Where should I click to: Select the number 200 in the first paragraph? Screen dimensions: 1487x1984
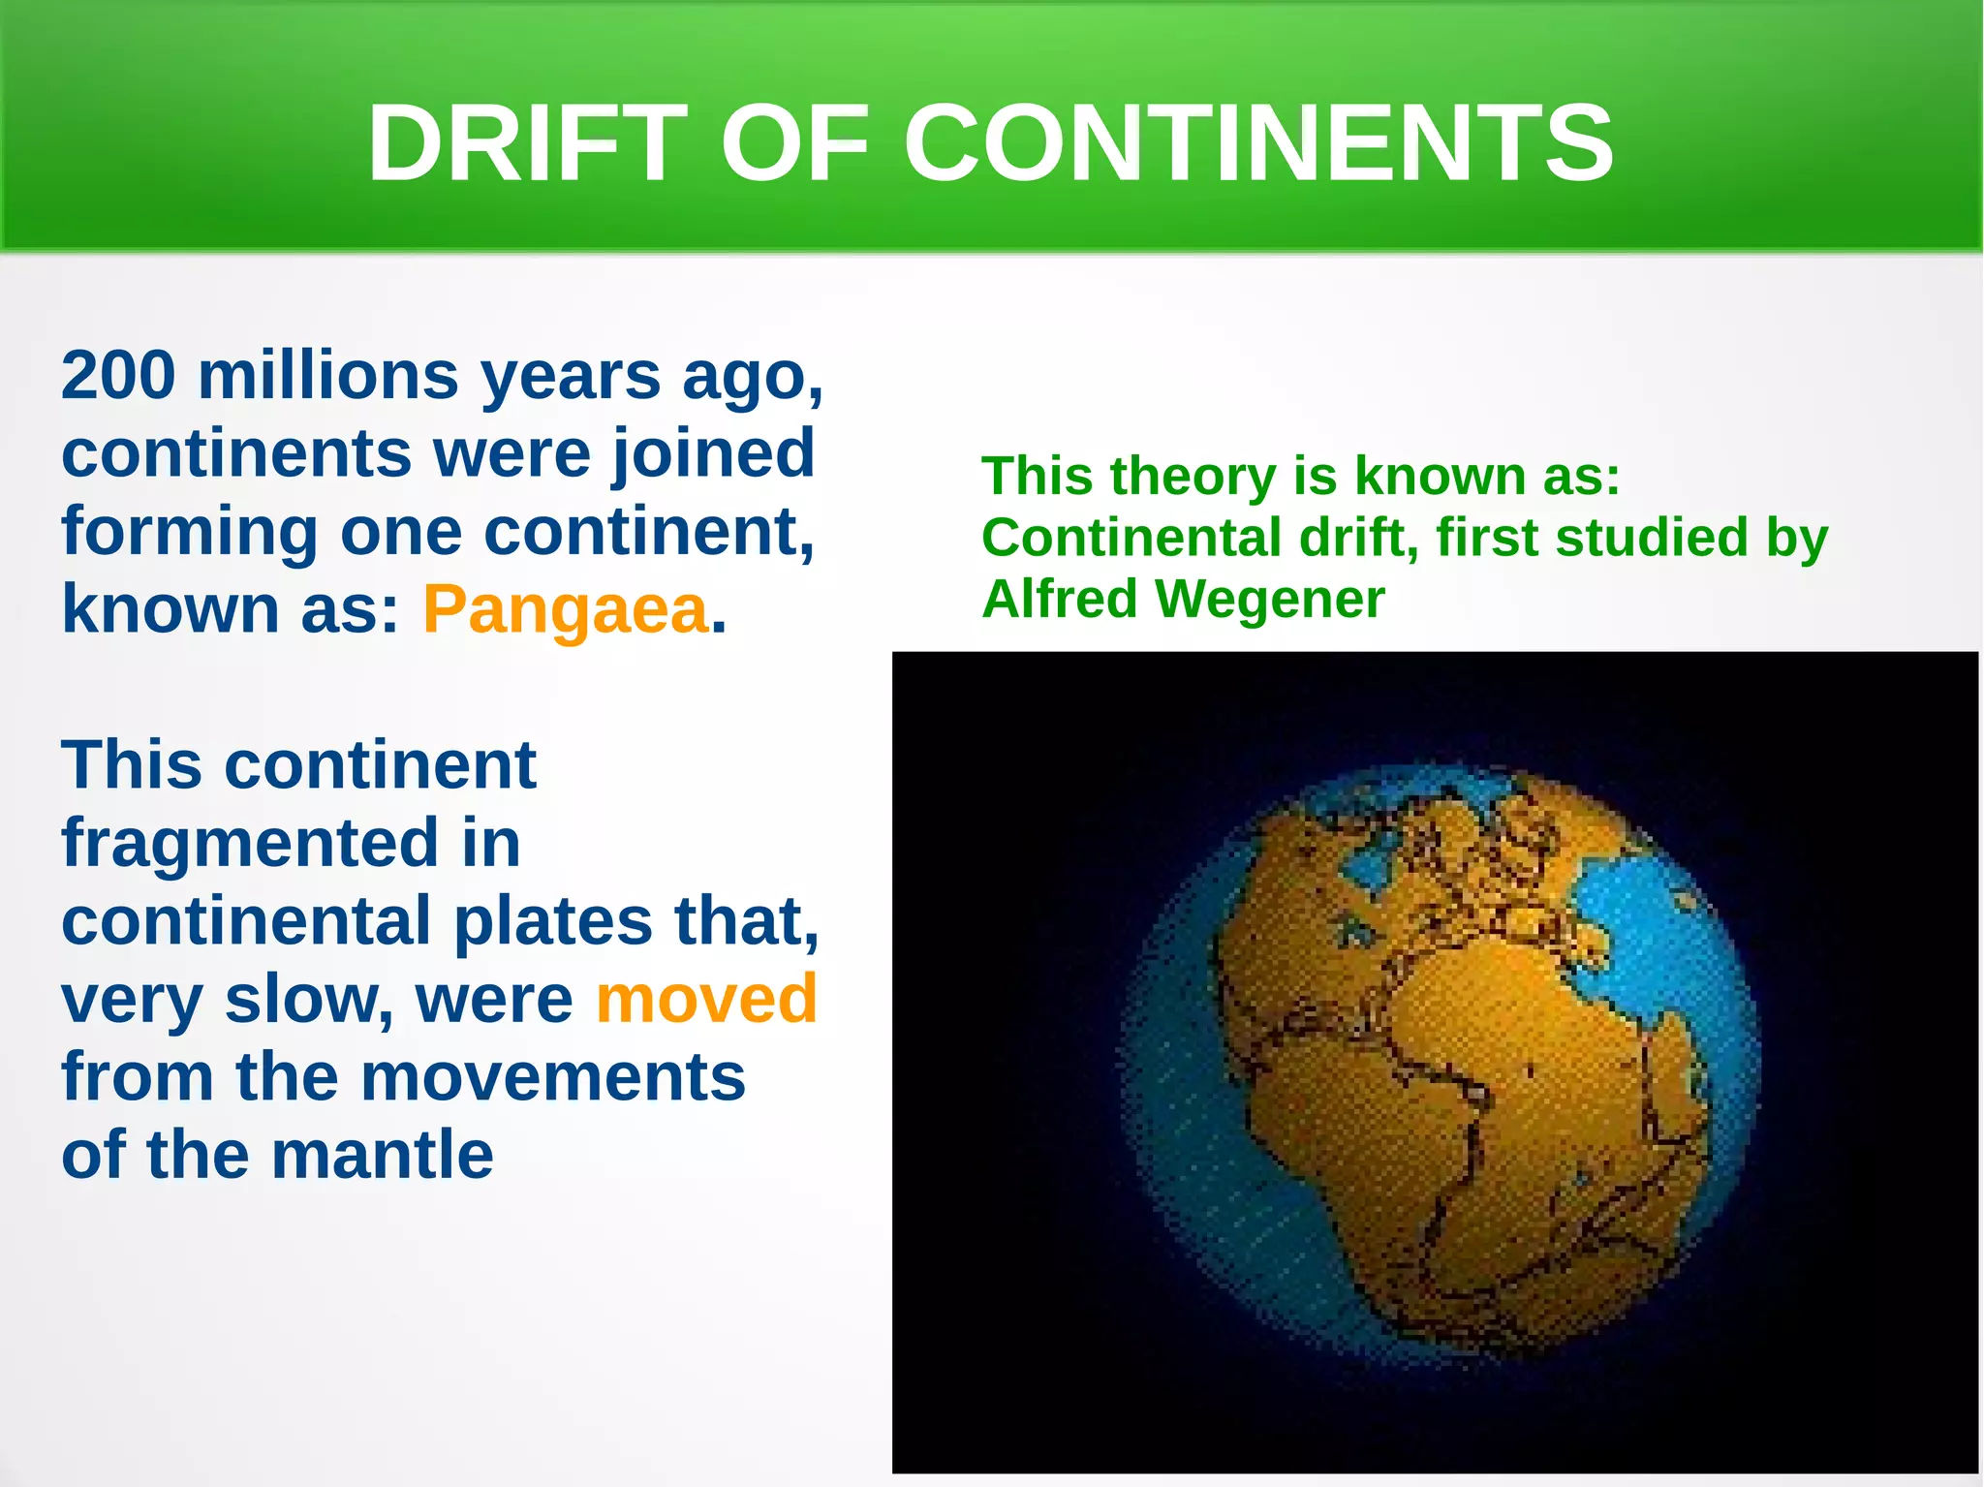click(118, 375)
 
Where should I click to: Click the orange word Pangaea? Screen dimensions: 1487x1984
click(566, 610)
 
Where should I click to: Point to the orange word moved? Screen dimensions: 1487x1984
click(706, 999)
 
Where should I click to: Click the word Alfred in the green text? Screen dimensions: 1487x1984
click(1059, 599)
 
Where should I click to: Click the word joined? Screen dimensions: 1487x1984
click(712, 454)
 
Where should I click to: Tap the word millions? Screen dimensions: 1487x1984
click(327, 375)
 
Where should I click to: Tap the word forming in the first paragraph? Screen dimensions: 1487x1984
click(189, 532)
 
